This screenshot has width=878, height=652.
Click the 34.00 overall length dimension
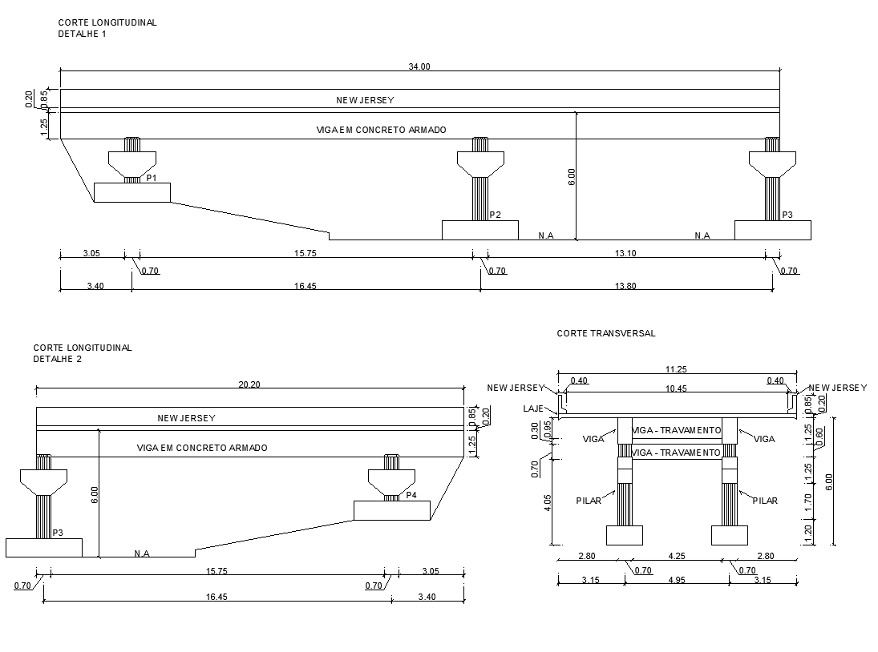419,66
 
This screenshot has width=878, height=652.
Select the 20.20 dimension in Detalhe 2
250,384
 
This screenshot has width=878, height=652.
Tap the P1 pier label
152,177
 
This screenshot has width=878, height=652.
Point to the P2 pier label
495,215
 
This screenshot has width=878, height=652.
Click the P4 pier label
411,495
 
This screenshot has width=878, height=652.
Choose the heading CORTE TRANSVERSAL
606,333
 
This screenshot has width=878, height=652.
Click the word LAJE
533,409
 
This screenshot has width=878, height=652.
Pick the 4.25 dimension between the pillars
677,555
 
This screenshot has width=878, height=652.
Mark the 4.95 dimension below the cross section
677,580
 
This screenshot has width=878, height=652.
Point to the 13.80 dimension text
625,286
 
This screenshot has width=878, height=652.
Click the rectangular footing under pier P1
132,192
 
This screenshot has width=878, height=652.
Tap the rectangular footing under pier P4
392,510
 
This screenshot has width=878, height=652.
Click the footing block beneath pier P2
479,230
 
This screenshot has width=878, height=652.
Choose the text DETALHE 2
57,359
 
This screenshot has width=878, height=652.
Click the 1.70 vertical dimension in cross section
808,502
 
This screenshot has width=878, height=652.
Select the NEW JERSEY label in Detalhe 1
365,100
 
